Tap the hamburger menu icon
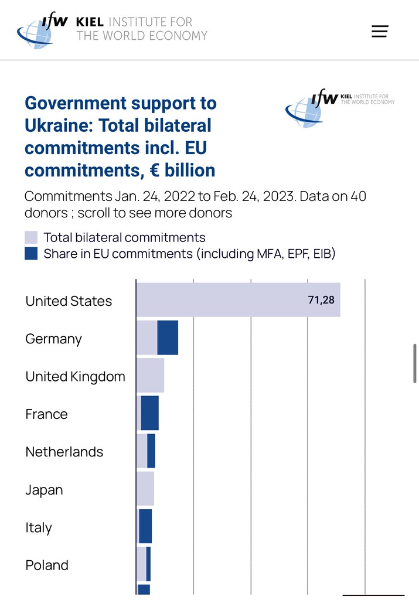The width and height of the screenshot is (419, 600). tap(380, 32)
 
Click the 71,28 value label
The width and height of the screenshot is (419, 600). tap(321, 300)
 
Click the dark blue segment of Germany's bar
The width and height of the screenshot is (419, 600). tap(168, 338)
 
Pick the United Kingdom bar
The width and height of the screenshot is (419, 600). tap(150, 376)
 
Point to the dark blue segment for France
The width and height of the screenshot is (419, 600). tap(150, 413)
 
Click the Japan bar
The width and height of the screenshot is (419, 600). tap(145, 489)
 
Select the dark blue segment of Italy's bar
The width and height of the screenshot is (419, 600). tap(145, 526)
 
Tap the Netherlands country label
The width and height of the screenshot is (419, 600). tap(64, 452)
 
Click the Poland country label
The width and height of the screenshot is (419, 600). tap(47, 565)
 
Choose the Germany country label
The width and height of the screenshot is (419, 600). tap(53, 339)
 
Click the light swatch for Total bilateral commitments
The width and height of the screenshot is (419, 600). tap(31, 237)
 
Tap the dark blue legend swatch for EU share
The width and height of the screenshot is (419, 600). tap(31, 254)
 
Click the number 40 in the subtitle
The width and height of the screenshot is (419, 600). tap(358, 196)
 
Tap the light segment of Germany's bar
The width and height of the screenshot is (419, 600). tap(147, 338)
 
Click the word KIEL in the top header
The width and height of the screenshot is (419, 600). tap(90, 22)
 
